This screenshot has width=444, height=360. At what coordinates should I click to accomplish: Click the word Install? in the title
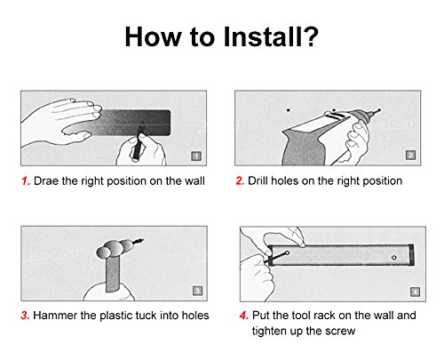coord(271,37)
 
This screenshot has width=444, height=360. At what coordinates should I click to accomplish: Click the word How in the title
coord(153,37)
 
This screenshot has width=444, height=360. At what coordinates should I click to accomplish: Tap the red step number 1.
coord(26,180)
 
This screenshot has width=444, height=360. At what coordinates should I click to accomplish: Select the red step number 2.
coord(240,180)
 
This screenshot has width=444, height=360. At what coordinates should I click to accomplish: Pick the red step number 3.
coord(25,316)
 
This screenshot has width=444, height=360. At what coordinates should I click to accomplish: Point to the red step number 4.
coord(244,316)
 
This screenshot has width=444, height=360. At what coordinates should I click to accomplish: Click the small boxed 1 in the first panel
coord(196,156)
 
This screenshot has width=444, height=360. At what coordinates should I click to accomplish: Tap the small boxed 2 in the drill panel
coord(410,155)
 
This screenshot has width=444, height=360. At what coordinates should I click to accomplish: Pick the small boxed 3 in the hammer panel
coord(197,291)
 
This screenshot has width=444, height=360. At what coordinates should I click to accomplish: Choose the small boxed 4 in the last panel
coord(415,292)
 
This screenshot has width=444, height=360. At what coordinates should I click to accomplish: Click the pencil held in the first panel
coord(138,142)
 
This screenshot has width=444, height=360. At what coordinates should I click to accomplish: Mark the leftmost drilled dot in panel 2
coord(288,110)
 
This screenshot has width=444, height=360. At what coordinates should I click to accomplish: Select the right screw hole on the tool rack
coord(394,258)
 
